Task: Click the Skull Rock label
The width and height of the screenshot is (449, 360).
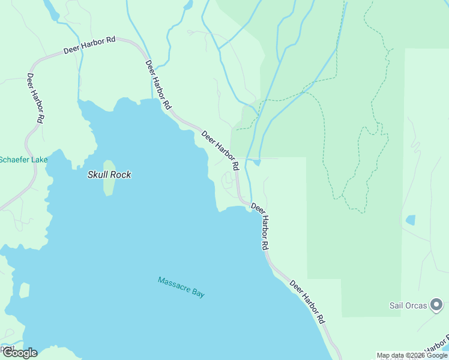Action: coord(109,175)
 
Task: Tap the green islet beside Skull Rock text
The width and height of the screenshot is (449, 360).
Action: coord(109,178)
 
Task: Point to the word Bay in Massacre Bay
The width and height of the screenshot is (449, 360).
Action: coord(199,293)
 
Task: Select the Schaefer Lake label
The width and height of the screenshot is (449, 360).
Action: coord(23,160)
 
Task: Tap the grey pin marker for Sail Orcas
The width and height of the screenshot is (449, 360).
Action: coord(437,305)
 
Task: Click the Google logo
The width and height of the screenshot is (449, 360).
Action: coord(19,353)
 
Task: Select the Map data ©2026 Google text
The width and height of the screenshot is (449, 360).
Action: coord(412,355)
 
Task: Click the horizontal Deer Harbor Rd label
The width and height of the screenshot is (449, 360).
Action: coord(89,46)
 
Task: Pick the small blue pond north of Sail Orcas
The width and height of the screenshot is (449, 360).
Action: coord(411,220)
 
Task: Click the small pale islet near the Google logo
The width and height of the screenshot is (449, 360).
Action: coord(25,290)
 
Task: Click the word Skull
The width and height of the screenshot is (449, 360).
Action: coord(98,175)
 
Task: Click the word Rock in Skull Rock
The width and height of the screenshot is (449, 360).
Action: coord(121,175)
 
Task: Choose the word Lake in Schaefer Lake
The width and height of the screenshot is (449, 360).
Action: coord(39,160)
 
